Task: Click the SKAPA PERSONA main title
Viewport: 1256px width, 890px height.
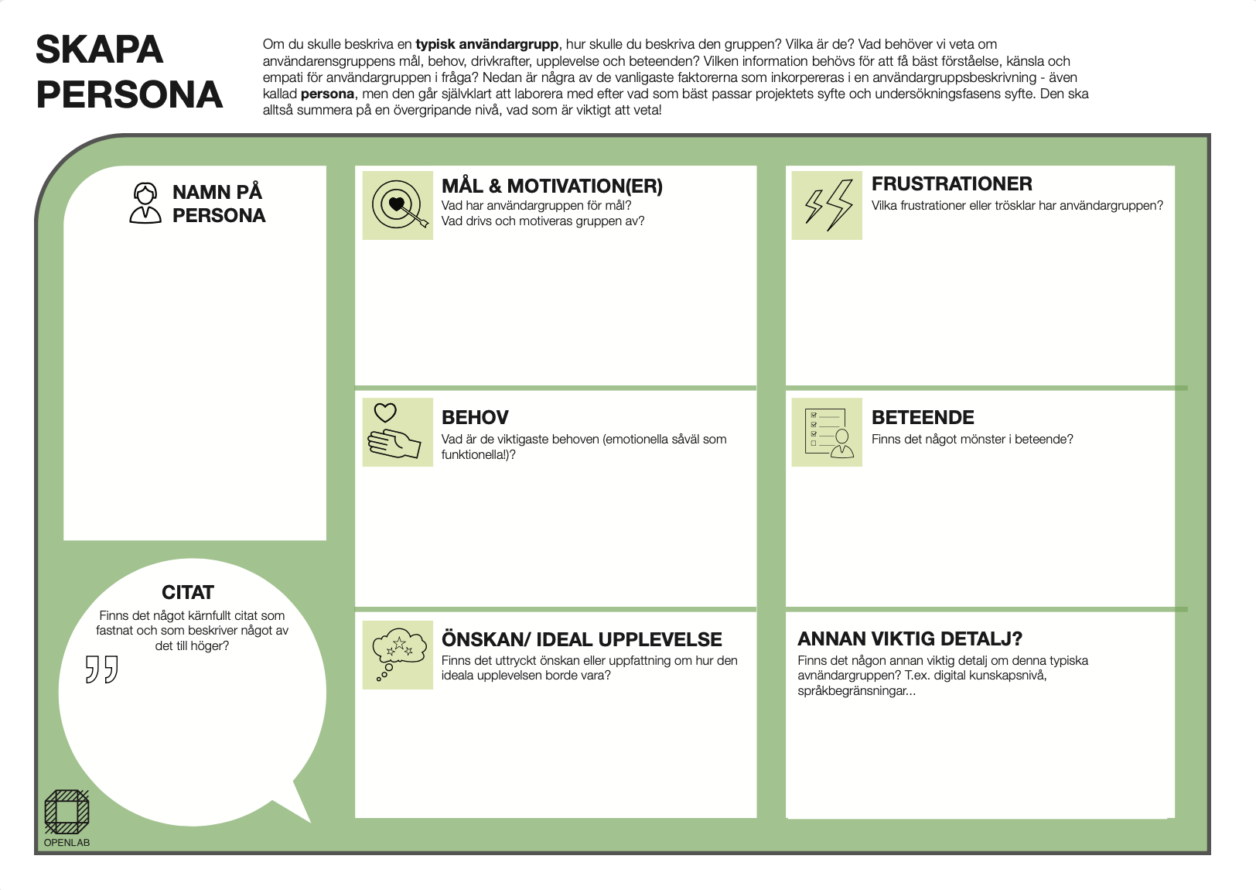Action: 129,72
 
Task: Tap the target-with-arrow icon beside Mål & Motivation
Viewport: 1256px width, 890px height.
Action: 398,205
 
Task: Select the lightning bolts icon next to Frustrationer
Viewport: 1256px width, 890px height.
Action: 827,205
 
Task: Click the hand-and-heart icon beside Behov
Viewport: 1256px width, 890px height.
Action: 398,432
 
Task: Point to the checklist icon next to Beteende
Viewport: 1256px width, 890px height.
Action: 827,432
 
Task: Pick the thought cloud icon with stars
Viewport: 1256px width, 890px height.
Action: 398,655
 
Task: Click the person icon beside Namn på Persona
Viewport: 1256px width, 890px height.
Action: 145,203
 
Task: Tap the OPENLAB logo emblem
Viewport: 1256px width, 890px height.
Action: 67,811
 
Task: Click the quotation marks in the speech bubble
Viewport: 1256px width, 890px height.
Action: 101,669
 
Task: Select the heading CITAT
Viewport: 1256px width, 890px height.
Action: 188,593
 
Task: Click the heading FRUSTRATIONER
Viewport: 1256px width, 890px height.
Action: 951,184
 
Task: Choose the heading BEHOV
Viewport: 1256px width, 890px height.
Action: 475,418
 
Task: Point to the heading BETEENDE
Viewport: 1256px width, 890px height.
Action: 923,418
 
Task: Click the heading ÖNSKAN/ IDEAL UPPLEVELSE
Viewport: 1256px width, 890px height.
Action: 582,640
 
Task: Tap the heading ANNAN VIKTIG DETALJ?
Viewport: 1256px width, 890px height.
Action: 910,639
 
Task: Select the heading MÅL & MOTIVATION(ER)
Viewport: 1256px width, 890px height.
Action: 551,187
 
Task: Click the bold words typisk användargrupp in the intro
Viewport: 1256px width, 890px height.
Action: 486,45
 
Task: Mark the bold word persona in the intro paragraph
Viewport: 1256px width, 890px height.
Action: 327,94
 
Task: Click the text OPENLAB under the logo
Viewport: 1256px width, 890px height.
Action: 67,843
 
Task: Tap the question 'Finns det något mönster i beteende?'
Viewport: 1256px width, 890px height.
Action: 972,440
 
